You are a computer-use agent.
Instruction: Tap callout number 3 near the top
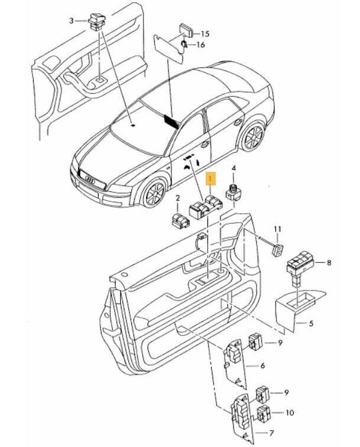[72, 21]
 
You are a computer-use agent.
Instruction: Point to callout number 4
[233, 168]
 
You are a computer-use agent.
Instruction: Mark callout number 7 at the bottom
[271, 433]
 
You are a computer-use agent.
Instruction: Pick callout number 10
[290, 413]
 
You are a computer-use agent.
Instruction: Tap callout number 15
[206, 34]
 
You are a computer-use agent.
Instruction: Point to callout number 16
[201, 45]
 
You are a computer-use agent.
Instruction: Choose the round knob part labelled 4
[233, 191]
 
